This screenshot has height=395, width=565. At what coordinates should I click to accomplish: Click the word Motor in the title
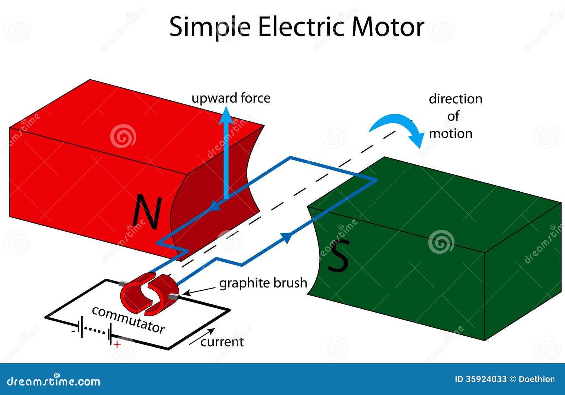388,27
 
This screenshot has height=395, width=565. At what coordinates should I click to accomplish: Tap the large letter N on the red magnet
147,213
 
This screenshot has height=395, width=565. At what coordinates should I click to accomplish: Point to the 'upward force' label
231,98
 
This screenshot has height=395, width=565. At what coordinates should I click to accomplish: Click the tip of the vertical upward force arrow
226,107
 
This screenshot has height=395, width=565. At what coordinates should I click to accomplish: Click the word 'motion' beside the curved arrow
451,134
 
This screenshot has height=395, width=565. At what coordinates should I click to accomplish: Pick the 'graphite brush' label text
263,283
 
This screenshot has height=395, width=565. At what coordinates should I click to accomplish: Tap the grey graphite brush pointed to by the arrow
173,296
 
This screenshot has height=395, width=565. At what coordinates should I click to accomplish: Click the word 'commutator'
128,320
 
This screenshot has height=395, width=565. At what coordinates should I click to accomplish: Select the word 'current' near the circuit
222,342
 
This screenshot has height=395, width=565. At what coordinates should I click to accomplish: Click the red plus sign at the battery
117,344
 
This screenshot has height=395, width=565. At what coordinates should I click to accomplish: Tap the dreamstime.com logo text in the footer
53,381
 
